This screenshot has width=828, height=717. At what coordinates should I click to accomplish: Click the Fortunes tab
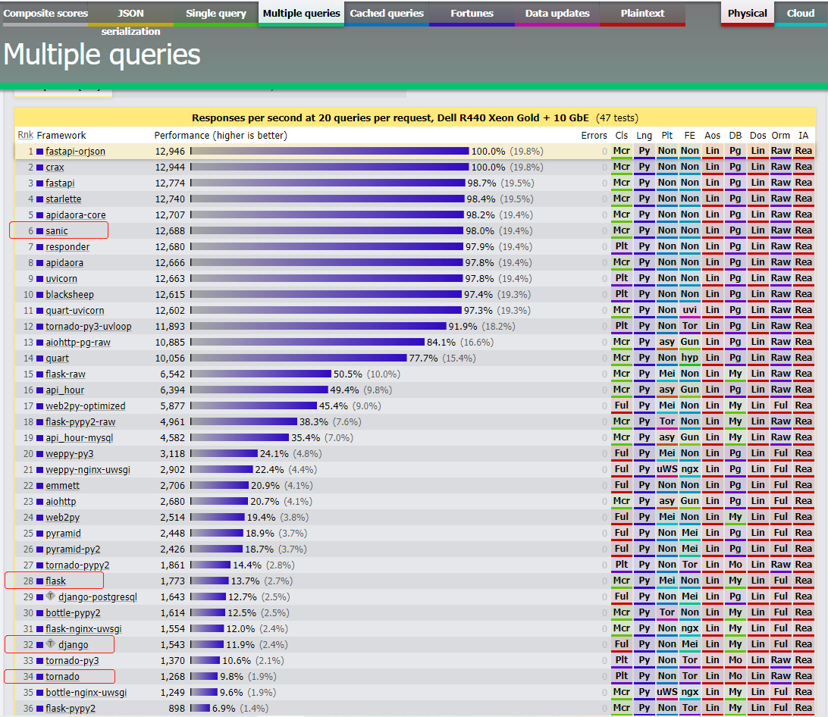472,14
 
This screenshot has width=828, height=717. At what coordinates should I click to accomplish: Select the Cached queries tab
386,14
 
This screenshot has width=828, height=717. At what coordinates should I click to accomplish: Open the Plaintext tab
642,14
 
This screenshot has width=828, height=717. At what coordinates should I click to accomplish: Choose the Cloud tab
801,14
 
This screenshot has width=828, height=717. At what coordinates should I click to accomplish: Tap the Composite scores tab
45,14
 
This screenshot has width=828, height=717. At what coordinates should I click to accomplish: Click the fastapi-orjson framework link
75,152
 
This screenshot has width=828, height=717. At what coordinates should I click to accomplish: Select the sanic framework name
57,231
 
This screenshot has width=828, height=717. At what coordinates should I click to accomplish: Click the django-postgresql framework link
98,597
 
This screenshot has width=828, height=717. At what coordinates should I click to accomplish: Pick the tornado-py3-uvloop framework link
88,327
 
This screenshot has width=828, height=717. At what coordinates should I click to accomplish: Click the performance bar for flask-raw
261,374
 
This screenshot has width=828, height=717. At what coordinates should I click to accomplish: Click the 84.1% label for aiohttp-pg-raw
441,343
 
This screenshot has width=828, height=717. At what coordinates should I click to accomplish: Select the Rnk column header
25,135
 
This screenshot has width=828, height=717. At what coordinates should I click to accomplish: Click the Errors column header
594,136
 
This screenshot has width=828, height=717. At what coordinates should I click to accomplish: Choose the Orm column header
781,136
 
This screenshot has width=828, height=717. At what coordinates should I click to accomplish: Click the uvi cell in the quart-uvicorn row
689,311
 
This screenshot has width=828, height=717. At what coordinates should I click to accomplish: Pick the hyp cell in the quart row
689,358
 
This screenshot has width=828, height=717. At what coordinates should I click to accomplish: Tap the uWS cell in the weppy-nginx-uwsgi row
666,470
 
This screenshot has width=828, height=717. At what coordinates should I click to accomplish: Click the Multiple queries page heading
102,55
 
